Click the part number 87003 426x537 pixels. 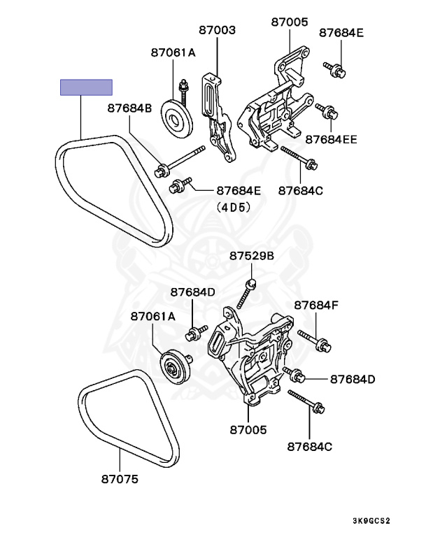point(217,31)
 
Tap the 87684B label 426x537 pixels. point(129,108)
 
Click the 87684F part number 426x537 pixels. point(316,305)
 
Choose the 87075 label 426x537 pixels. point(120,480)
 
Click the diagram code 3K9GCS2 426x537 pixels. point(371,521)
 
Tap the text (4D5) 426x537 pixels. point(232,207)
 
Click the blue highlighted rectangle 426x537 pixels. point(86,87)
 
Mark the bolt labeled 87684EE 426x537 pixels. point(327,111)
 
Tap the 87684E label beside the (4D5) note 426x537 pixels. point(239,190)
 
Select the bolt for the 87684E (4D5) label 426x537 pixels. point(180,185)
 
